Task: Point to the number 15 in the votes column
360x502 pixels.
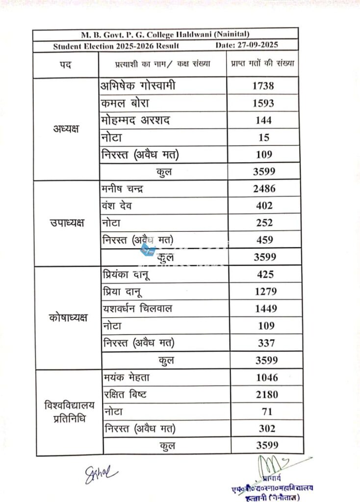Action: point(263,138)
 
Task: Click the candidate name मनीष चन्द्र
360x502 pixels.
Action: point(123,188)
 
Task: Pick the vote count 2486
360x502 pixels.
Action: point(264,188)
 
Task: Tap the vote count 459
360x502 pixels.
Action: point(265,240)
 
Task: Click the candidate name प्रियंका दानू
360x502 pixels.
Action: point(127,275)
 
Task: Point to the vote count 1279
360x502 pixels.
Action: point(266,292)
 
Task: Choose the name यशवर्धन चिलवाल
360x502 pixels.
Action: point(138,309)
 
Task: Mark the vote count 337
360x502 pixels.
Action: point(266,343)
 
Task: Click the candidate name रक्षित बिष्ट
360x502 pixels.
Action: point(126,395)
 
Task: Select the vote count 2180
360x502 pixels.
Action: point(267,395)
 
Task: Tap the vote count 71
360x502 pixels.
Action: point(267,412)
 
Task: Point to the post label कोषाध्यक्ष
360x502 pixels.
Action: point(68,318)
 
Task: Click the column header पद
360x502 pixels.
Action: point(65,65)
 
